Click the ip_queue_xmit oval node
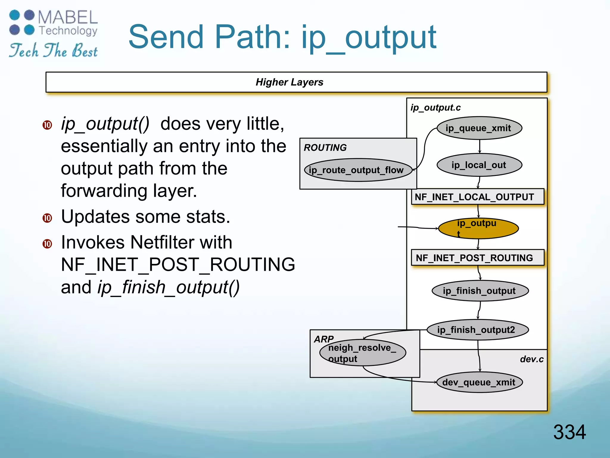479,128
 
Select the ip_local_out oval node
479,165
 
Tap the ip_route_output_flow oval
358,170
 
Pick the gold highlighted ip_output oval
478,228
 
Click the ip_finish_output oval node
480,291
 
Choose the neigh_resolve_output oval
362,353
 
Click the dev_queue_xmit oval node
479,382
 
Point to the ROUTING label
325,148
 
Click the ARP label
323,339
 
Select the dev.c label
531,359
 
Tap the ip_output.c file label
435,108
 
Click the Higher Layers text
289,82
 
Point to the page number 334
569,432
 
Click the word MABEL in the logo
68,17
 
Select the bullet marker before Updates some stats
47,218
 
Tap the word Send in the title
167,37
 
